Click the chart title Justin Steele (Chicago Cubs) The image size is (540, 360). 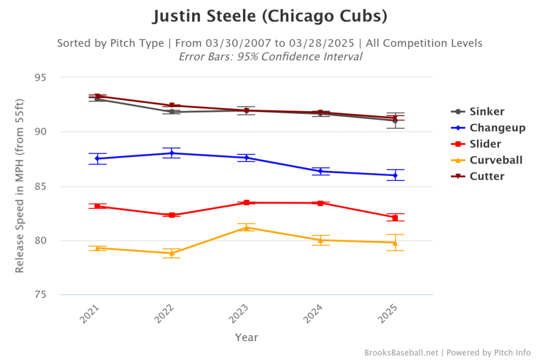pyautogui.click(x=269, y=16)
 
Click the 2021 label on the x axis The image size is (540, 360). pyautogui.click(x=91, y=314)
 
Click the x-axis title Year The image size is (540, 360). pyautogui.click(x=246, y=338)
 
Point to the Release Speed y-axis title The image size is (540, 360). pyautogui.click(x=19, y=186)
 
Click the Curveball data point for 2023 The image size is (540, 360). pyautogui.click(x=246, y=228)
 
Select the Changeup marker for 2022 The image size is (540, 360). pyautogui.click(x=172, y=153)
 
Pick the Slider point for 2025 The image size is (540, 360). pyautogui.click(x=395, y=218)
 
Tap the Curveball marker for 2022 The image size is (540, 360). pyautogui.click(x=172, y=253)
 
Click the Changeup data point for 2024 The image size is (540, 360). pyautogui.click(x=321, y=171)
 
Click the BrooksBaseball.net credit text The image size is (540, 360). pyautogui.click(x=401, y=352)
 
